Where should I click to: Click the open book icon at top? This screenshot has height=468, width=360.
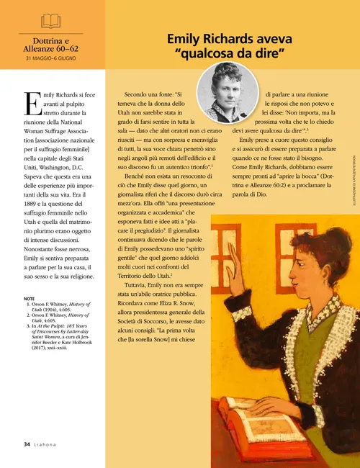click(51, 20)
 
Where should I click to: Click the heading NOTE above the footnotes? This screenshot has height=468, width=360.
click(30, 278)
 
